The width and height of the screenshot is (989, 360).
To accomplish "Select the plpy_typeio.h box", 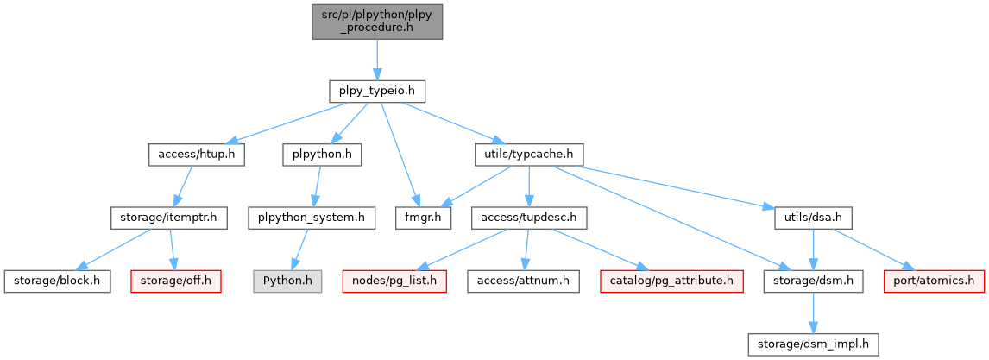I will point(377,90).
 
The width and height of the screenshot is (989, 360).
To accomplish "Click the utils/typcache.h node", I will point(528,155).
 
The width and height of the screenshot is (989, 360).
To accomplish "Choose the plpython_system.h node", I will point(311,218).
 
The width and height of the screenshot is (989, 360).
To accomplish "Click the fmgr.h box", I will point(424,218).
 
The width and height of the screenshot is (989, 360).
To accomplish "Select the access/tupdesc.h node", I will point(528,218).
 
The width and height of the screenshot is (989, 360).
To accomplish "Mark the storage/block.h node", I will point(57,281).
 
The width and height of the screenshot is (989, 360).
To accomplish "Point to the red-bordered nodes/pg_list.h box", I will point(394,281).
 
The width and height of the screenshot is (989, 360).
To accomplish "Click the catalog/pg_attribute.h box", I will point(670,281).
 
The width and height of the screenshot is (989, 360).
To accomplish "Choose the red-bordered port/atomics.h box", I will point(934,281).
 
